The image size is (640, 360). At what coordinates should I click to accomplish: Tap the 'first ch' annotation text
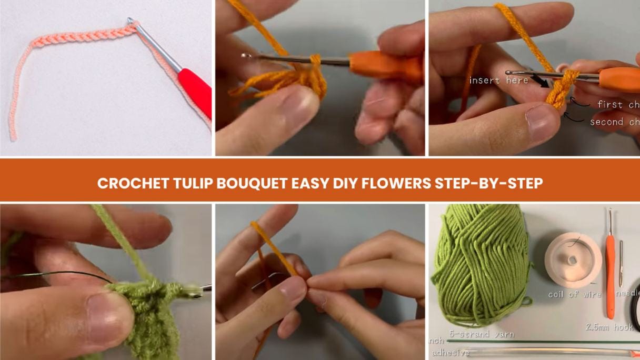click(x=617, y=105)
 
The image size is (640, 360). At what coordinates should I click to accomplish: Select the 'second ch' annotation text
click(x=613, y=122)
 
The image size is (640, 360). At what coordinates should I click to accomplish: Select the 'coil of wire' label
click(x=574, y=295)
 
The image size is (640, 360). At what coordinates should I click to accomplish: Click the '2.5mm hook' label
click(x=609, y=327)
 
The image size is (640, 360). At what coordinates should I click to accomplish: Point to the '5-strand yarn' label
click(x=481, y=334)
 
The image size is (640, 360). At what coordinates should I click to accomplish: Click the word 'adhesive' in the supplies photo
click(x=450, y=353)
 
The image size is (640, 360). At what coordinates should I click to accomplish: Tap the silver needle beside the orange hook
click(x=622, y=263)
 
